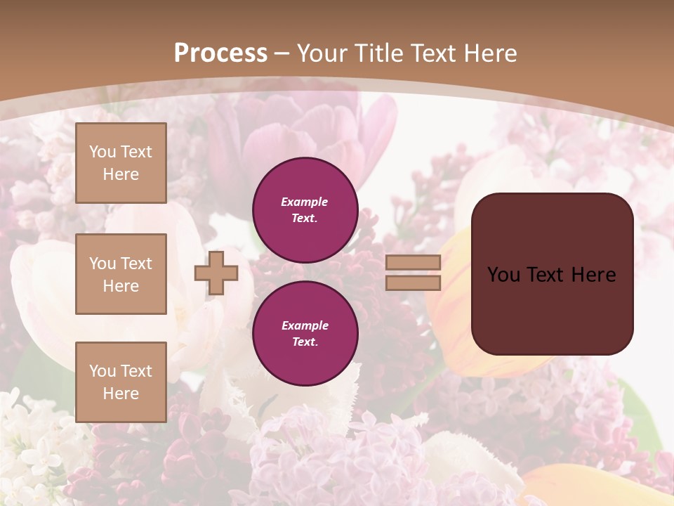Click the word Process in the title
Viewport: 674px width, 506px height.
[x=220, y=53]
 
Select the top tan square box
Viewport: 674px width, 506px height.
[x=121, y=163]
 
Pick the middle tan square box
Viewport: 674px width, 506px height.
[x=121, y=274]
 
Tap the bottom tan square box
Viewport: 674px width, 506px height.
[x=121, y=382]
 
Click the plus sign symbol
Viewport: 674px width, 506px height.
[x=216, y=273]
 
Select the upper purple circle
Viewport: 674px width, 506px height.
[x=305, y=210]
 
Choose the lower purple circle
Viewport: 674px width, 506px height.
[x=305, y=334]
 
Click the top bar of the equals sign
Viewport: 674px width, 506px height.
[x=413, y=263]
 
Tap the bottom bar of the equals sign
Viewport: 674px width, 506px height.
[x=413, y=283]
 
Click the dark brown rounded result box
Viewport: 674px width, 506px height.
[x=552, y=274]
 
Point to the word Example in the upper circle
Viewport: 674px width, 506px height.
[x=305, y=202]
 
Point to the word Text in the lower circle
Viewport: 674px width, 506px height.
[x=304, y=342]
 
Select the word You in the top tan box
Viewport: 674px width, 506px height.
[x=102, y=152]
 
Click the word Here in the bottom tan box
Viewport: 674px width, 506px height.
[x=121, y=394]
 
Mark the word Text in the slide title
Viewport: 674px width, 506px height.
[x=432, y=53]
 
